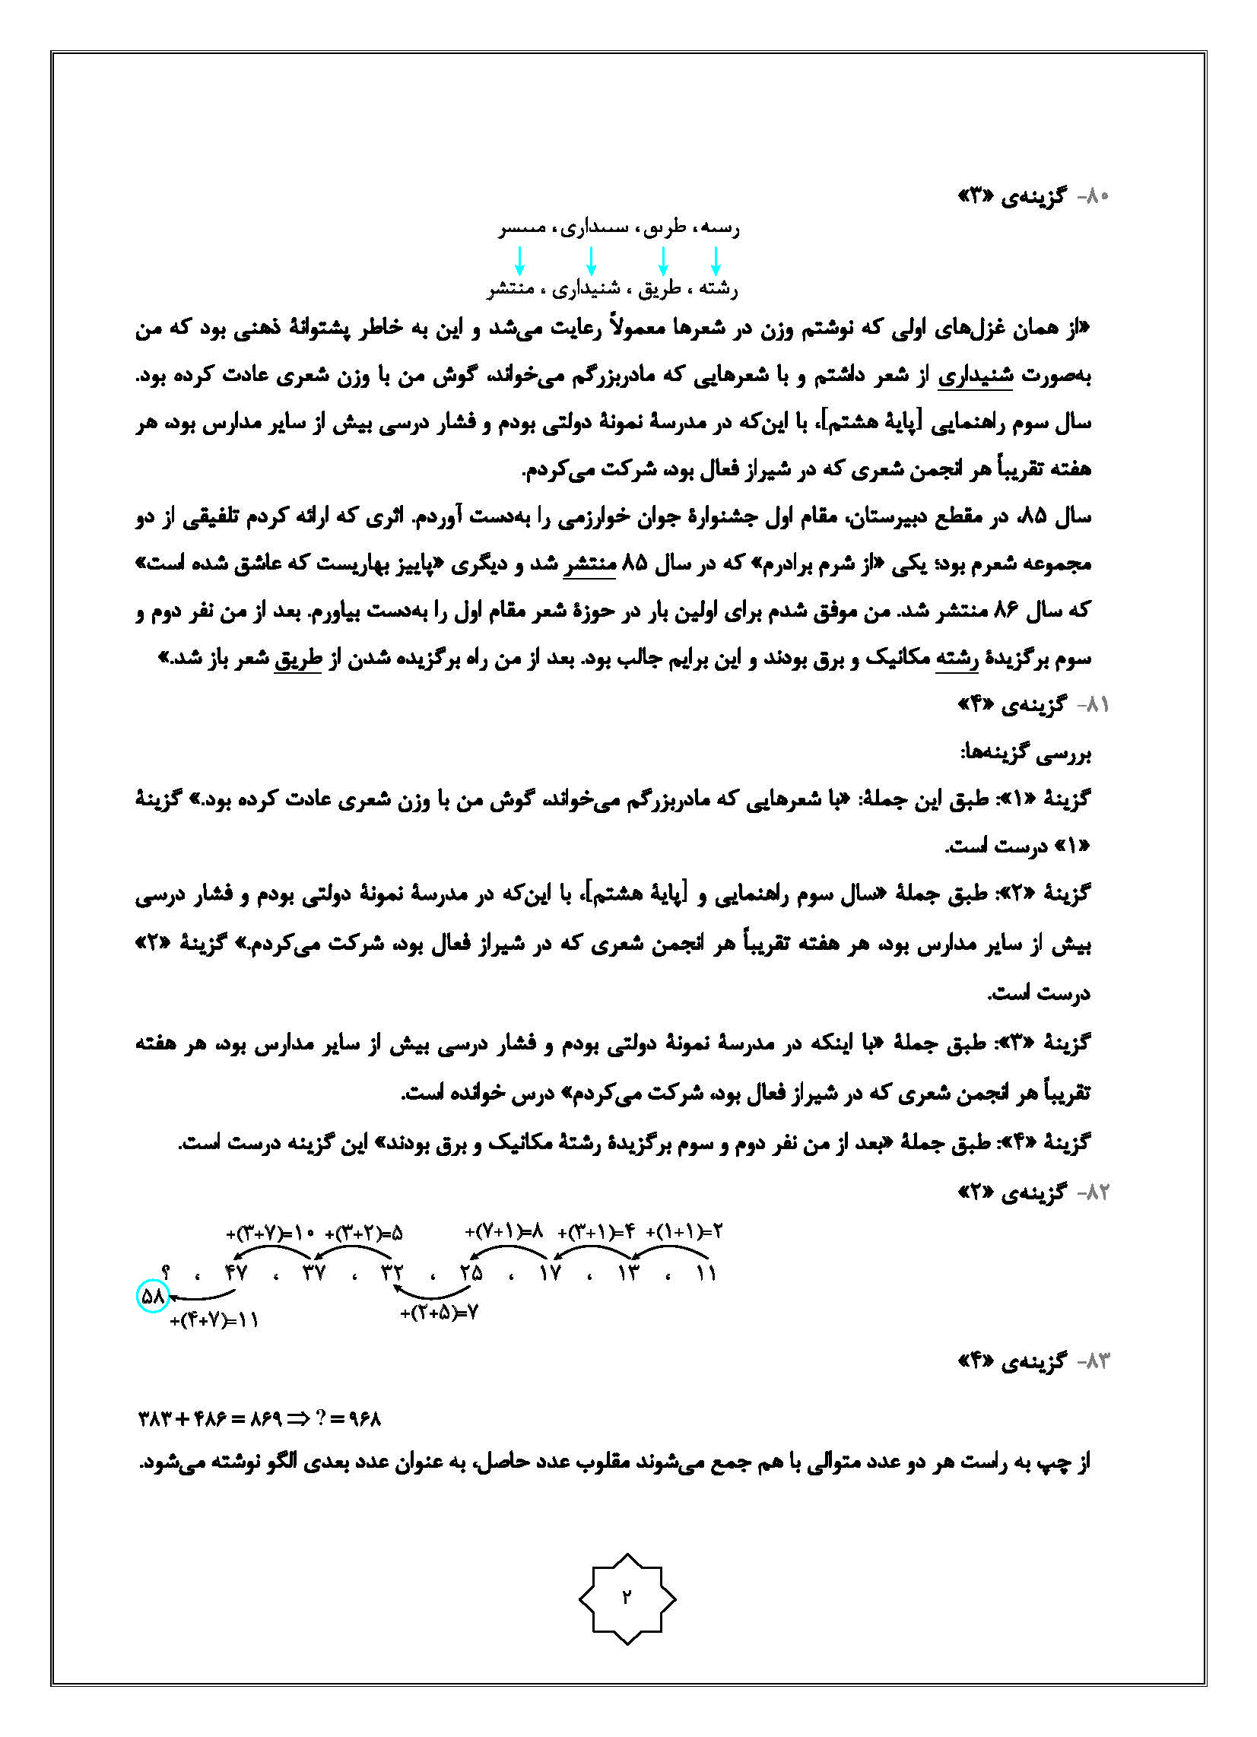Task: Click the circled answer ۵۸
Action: pos(153,1297)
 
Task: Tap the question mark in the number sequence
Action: pos(167,1272)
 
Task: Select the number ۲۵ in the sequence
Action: pos(471,1273)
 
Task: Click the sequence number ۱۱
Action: pos(706,1273)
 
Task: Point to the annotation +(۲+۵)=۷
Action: pos(440,1313)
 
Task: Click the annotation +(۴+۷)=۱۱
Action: pos(214,1320)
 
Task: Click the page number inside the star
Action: pos(627,1597)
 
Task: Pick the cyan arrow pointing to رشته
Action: pos(716,260)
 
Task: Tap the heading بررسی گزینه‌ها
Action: pos(1026,754)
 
